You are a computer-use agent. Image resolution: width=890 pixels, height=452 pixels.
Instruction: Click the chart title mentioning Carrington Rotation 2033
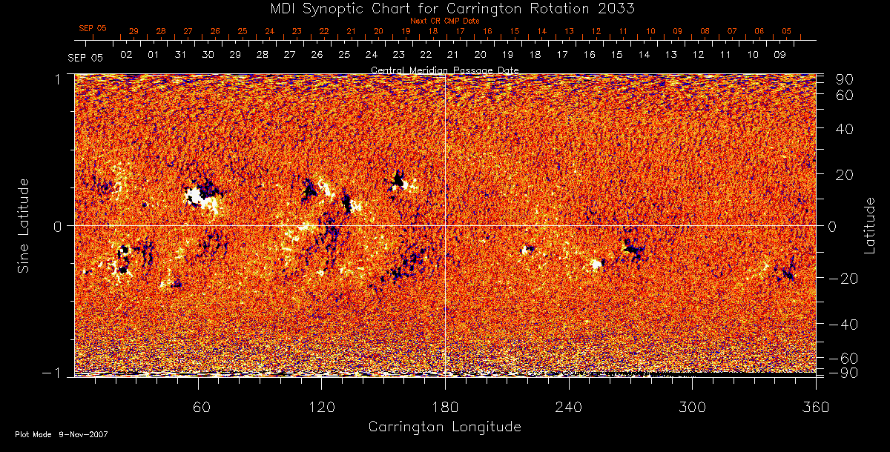tap(445, 8)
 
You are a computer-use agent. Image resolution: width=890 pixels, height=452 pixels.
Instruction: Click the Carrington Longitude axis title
tap(444, 427)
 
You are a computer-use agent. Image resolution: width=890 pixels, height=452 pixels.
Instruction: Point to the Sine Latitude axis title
tap(24, 225)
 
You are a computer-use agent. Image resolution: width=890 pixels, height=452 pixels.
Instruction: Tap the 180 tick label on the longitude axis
tap(445, 406)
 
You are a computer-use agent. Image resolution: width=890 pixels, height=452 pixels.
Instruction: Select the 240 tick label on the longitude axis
tap(569, 406)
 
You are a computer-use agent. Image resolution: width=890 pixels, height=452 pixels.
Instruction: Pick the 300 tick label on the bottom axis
tap(692, 406)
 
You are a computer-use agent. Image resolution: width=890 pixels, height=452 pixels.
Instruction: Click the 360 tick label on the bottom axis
tap(816, 406)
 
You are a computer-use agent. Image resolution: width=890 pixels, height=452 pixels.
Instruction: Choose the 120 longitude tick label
tap(321, 406)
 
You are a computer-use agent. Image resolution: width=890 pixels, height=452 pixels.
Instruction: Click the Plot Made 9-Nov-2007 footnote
tap(62, 434)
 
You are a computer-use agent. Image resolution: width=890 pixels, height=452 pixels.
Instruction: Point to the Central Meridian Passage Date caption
tap(444, 70)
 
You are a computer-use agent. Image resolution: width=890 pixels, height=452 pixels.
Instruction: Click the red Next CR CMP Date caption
tap(444, 21)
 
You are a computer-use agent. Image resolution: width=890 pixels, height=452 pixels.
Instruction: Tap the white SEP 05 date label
tap(85, 56)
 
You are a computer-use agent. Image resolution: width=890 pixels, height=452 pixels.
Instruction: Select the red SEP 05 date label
tap(93, 28)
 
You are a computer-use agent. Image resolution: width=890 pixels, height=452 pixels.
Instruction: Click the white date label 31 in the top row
tap(180, 55)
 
